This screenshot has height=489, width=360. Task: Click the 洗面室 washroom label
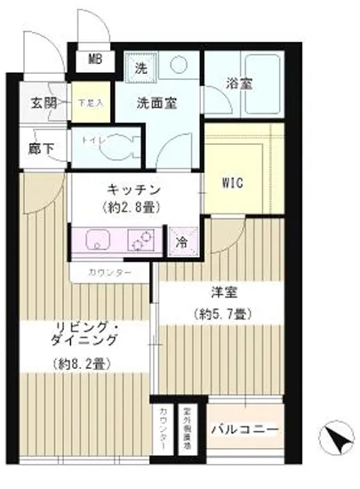click(156, 102)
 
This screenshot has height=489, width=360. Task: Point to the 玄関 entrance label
click(45, 101)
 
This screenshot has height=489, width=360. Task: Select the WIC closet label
click(232, 184)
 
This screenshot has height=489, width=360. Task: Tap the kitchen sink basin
click(97, 241)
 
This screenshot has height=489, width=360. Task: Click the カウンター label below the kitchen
click(112, 271)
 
